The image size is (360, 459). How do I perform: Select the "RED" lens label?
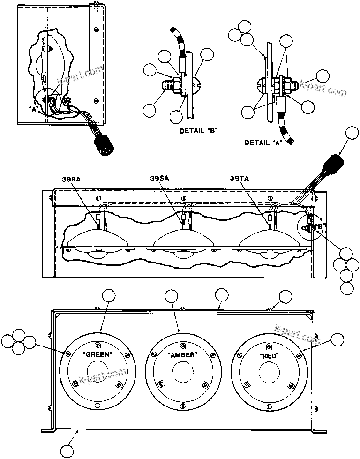click(269, 356)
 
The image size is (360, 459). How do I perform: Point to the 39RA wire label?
click(70, 178)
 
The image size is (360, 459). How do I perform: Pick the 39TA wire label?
click(240, 178)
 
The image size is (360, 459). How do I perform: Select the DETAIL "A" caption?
click(262, 143)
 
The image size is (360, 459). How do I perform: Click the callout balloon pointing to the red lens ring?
click(337, 340)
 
